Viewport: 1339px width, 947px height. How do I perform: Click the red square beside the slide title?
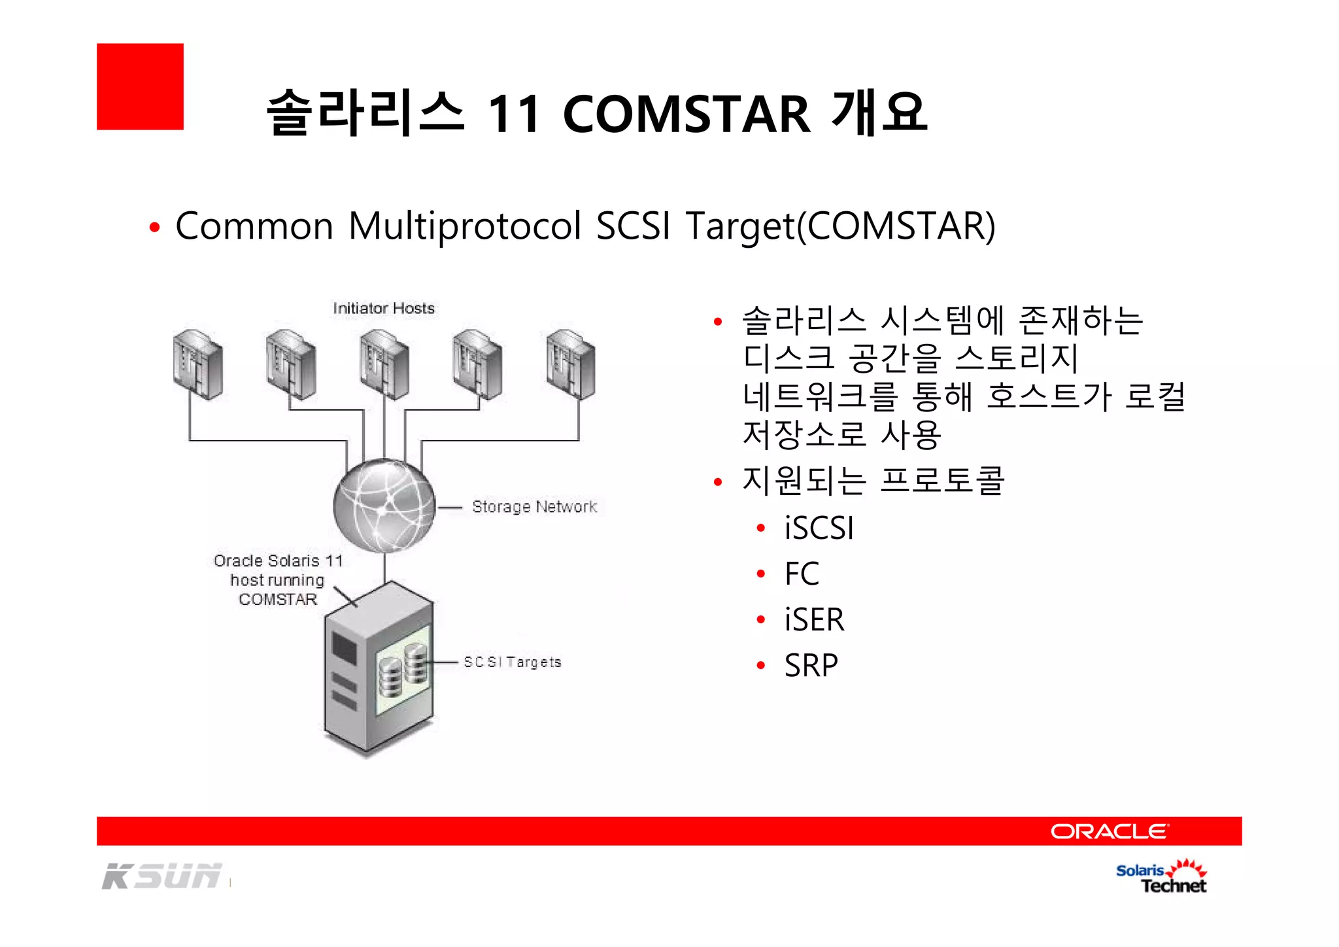pyautogui.click(x=140, y=87)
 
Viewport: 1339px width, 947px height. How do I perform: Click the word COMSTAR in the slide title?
pyautogui.click(x=686, y=114)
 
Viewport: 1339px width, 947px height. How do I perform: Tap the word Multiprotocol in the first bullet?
pyautogui.click(x=465, y=226)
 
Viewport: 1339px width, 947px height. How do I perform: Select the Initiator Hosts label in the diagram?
pyautogui.click(x=384, y=308)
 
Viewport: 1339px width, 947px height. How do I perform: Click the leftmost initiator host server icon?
pyautogui.click(x=197, y=365)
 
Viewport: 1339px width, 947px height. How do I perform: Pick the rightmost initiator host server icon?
pyautogui.click(x=570, y=365)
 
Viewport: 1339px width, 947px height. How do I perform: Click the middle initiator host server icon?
pyautogui.click(x=384, y=365)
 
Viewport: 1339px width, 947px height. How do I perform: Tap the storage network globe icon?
pyautogui.click(x=384, y=506)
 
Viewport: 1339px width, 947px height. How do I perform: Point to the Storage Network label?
pyautogui.click(x=534, y=507)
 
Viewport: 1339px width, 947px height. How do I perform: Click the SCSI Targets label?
pyautogui.click(x=513, y=662)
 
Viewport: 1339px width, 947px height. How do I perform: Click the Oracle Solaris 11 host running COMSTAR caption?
pyautogui.click(x=278, y=579)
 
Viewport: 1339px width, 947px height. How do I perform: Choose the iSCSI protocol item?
pyautogui.click(x=819, y=528)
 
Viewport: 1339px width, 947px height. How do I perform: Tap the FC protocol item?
pyautogui.click(x=802, y=574)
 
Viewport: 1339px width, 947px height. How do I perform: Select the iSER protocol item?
pyautogui.click(x=814, y=619)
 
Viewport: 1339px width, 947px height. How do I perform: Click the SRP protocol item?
pyautogui.click(x=811, y=666)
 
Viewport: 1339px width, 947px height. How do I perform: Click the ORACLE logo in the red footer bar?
pyautogui.click(x=1109, y=831)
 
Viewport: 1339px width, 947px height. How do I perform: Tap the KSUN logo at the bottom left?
pyautogui.click(x=162, y=876)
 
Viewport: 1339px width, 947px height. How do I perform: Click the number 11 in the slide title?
pyautogui.click(x=515, y=114)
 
